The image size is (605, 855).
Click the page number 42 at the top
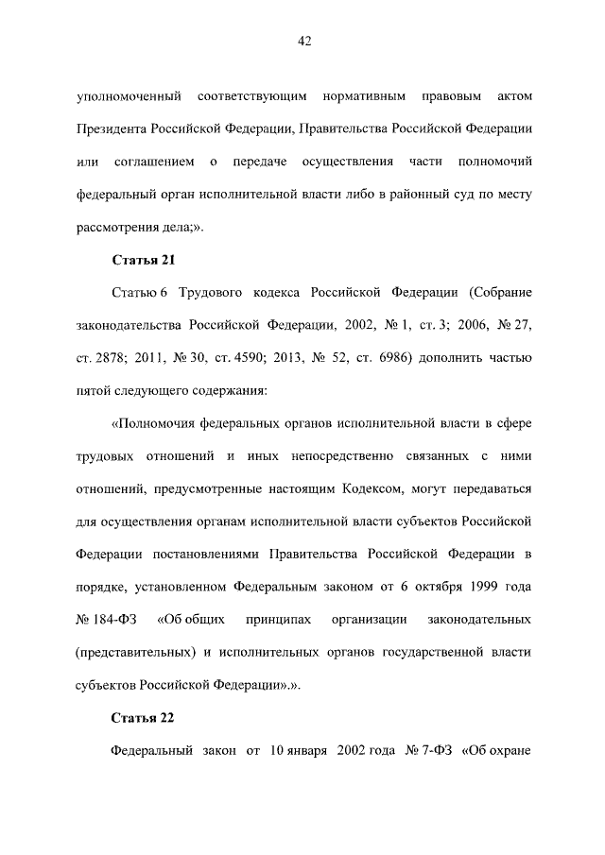303,42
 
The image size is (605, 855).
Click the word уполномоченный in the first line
129,97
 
